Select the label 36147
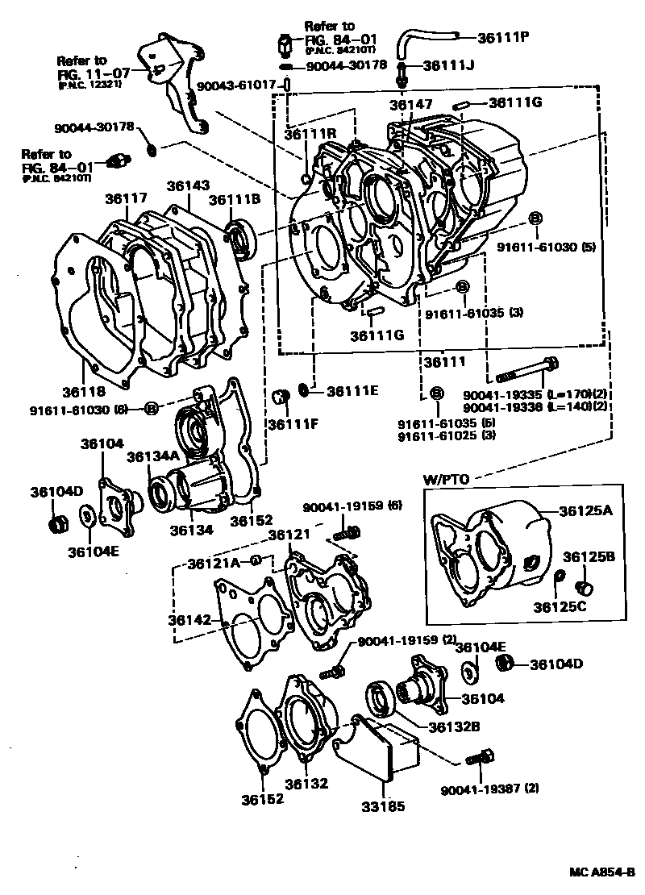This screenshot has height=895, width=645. (411, 105)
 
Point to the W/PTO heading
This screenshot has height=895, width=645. (446, 479)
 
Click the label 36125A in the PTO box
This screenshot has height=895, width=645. (587, 510)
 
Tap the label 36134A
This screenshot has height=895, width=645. (152, 457)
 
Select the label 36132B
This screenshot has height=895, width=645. (455, 726)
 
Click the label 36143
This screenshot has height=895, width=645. (189, 185)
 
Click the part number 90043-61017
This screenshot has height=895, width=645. (239, 85)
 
